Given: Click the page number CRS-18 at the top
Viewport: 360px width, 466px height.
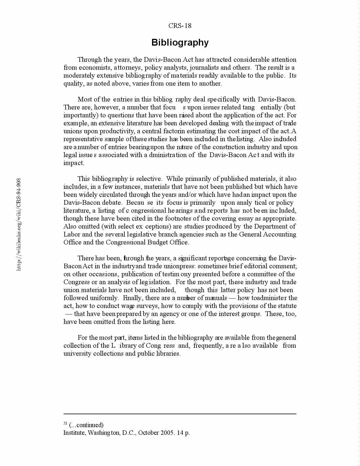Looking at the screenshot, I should click(x=180, y=26).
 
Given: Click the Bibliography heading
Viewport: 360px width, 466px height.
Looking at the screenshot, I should click(x=180, y=43).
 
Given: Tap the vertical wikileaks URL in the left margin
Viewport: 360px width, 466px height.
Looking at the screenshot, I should click(x=19, y=224).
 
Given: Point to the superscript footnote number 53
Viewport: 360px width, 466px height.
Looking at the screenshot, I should click(x=65, y=424).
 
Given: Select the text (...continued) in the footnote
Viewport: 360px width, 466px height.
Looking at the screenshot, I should click(x=86, y=425).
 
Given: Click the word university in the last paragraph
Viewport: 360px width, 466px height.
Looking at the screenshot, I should click(x=77, y=354).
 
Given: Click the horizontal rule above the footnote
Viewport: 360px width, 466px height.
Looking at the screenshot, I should click(x=180, y=414).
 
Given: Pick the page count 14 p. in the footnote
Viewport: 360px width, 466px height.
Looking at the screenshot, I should click(x=184, y=433).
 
